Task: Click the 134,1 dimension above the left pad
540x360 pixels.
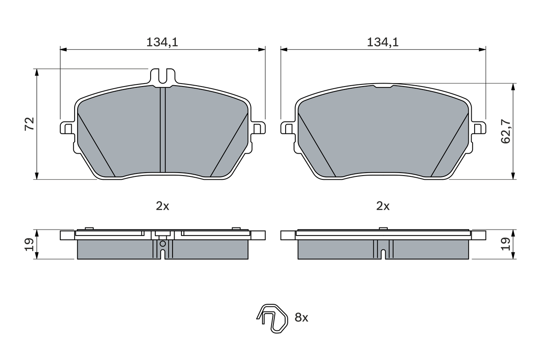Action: pos(162,43)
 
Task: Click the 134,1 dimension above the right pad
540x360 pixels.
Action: pos(383,43)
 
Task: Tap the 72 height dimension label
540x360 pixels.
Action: pos(30,124)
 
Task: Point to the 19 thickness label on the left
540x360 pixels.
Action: pos(30,244)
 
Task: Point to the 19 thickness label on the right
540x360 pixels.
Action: pos(505,244)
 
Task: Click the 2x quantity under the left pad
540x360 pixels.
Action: pos(162,206)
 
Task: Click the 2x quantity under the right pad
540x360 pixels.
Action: pos(383,206)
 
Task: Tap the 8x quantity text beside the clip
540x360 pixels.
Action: pos(301,317)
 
